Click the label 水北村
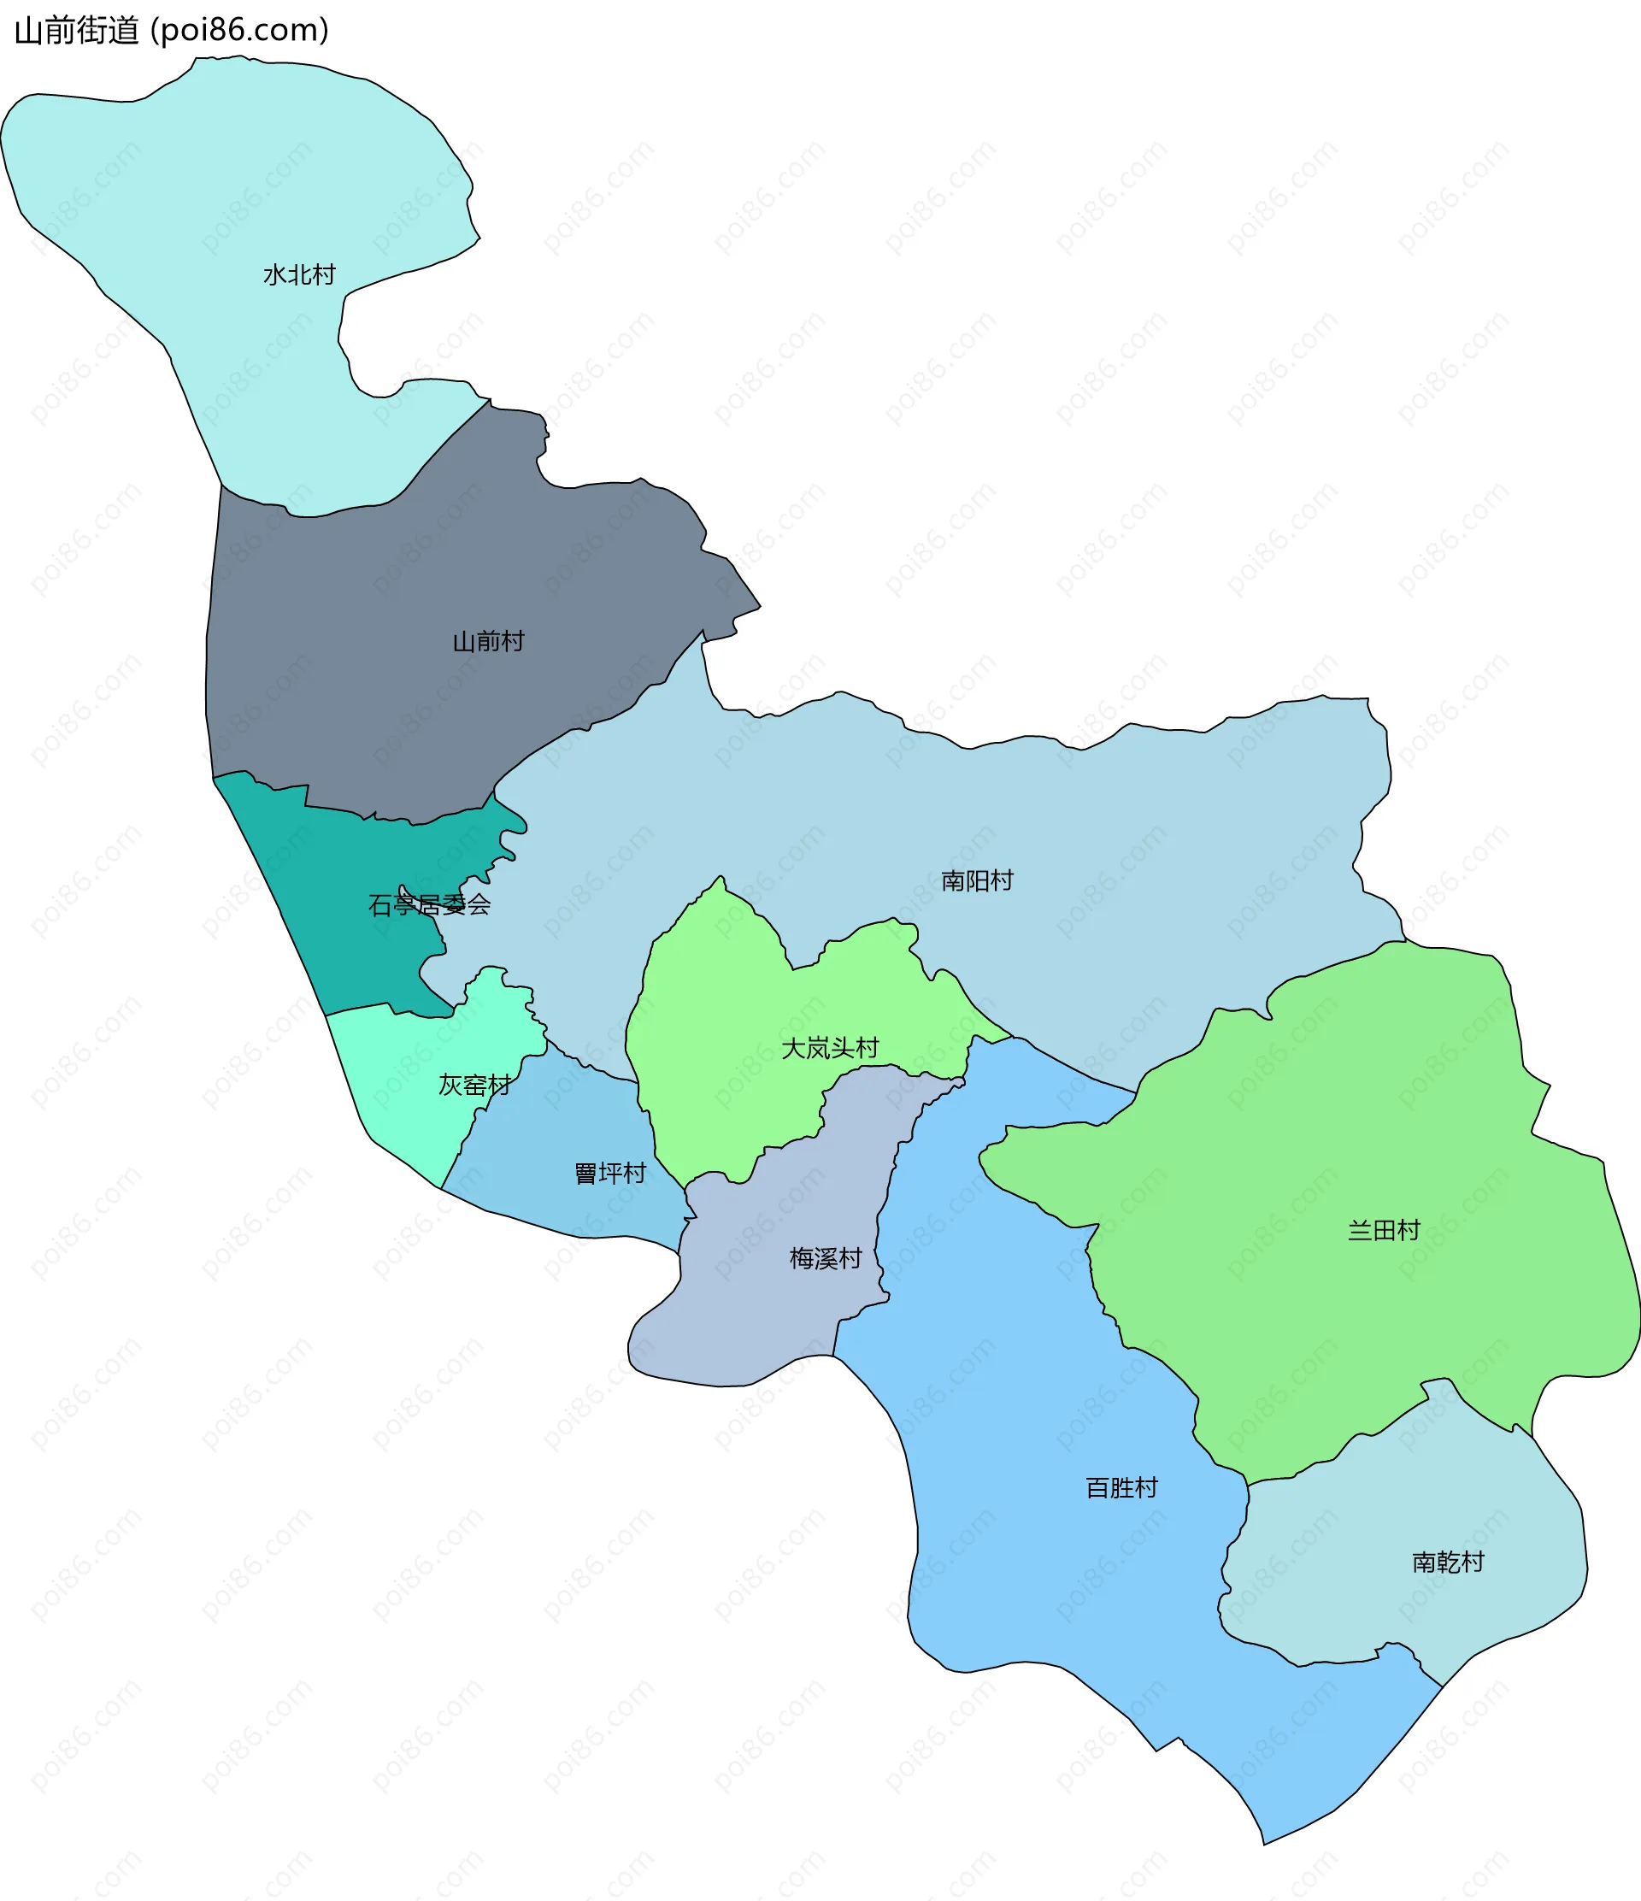[x=299, y=274]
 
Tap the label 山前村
[x=488, y=641]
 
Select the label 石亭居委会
[x=429, y=905]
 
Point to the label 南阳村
[x=977, y=880]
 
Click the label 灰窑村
[x=474, y=1086]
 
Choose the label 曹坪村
[x=610, y=1173]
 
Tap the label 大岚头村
[x=829, y=1048]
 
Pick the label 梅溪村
[x=826, y=1258]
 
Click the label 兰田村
[x=1383, y=1229]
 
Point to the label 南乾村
[x=1448, y=1562]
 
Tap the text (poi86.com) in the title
[x=239, y=30]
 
